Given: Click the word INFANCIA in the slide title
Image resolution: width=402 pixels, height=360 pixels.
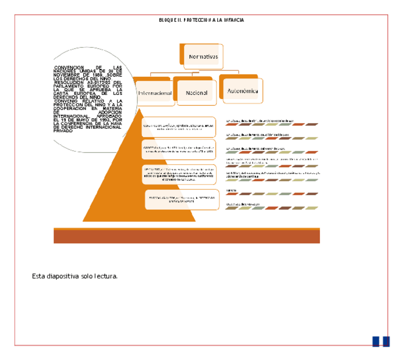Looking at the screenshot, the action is pyautogui.click(x=234, y=20).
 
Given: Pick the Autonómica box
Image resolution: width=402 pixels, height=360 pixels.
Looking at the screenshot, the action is pyautogui.click(x=243, y=91).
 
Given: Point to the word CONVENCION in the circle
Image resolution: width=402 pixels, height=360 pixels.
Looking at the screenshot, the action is pyautogui.click(x=69, y=68).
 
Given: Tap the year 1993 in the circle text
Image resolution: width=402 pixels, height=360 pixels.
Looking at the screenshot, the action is pyautogui.click(x=103, y=120).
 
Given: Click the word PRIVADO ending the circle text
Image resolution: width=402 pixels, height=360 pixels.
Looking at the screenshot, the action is pyautogui.click(x=63, y=130).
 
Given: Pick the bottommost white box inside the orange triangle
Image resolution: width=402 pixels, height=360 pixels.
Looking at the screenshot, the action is pyautogui.click(x=182, y=199).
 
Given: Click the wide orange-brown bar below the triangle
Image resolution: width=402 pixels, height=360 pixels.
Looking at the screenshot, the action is pyautogui.click(x=186, y=236).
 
